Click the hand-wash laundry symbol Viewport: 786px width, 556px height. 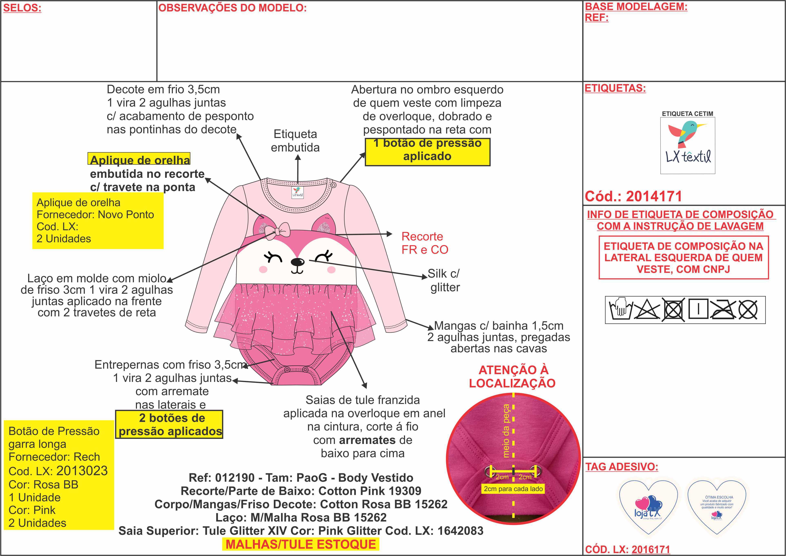tap(621, 309)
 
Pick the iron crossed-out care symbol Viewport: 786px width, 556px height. tap(722, 309)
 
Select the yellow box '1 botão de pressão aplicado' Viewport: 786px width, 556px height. tap(428, 152)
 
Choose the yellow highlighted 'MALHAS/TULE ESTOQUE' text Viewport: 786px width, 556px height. tap(301, 544)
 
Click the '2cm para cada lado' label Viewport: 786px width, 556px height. tap(513, 489)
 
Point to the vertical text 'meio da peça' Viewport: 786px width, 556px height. tap(506, 431)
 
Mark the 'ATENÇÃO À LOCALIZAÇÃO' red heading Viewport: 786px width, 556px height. tap(512, 377)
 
